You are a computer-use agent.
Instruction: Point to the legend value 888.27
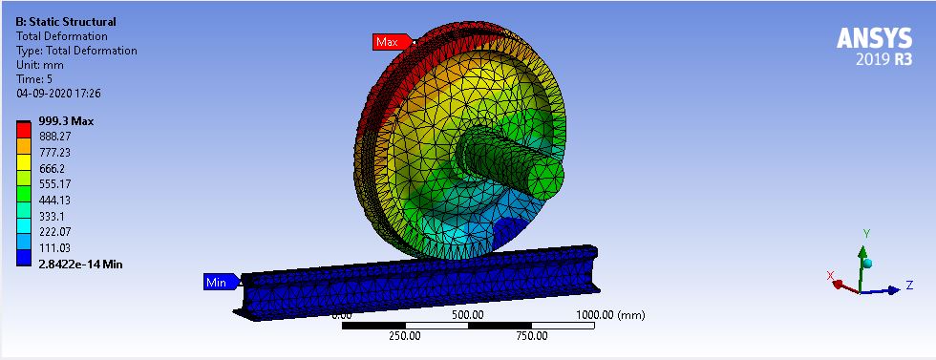55,137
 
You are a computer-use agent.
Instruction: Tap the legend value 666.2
53,168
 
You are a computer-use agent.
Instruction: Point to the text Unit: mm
43,65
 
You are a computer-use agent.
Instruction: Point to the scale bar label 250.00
405,336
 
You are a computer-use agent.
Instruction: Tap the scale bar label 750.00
532,336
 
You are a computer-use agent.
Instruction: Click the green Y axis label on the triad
865,233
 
